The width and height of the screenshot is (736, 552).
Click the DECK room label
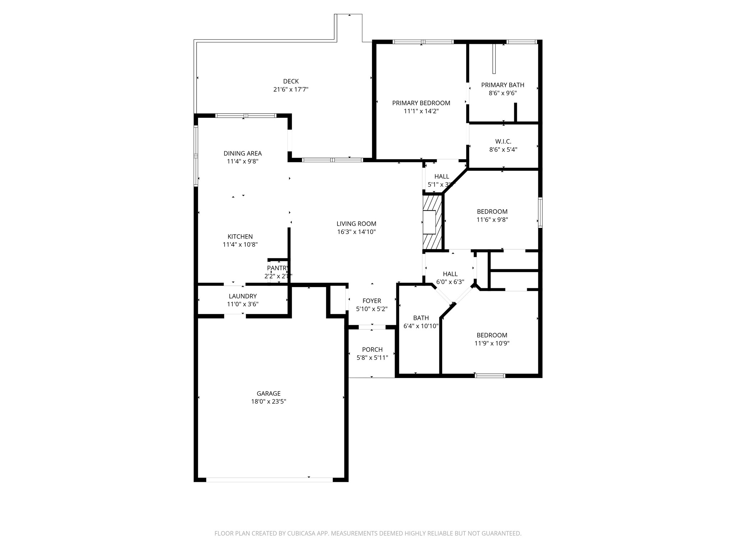[291, 82]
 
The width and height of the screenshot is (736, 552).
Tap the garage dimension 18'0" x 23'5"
[268, 401]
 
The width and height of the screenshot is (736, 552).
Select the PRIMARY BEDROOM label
[421, 103]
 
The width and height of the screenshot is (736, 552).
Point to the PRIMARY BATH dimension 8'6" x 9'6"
[502, 93]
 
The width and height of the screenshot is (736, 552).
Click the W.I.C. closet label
[503, 142]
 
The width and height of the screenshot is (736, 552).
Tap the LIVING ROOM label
[356, 224]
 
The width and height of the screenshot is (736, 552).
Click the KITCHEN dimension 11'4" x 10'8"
[240, 245]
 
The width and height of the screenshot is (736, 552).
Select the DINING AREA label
[243, 153]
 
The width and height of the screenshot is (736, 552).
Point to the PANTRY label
[277, 268]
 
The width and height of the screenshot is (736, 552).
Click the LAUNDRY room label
[243, 296]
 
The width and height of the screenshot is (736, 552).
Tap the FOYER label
[372, 301]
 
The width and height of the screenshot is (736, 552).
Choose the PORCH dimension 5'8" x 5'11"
[372, 358]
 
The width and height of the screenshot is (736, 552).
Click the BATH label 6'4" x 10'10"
[421, 318]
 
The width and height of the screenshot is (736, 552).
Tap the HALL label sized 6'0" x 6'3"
[450, 274]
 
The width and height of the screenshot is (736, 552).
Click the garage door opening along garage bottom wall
[269, 479]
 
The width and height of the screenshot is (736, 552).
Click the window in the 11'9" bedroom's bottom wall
[490, 376]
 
